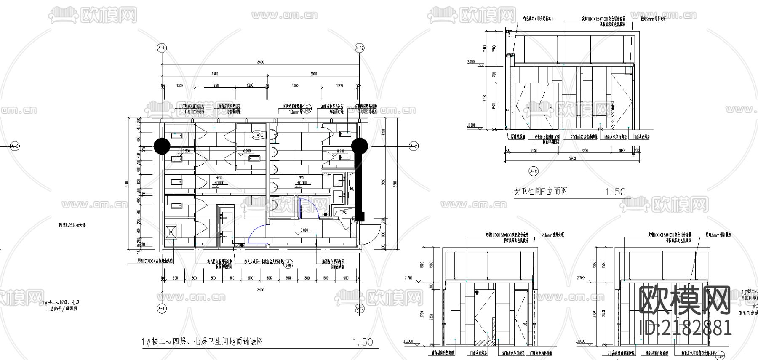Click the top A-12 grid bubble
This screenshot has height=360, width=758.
click(x=359, y=48)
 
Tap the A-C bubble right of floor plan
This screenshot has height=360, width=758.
click(x=414, y=146)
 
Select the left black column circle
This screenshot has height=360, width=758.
click(x=162, y=146)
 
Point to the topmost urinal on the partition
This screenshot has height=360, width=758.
click(x=274, y=134)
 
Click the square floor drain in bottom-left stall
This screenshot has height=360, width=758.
click(x=171, y=232)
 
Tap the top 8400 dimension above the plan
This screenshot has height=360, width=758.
click(x=260, y=62)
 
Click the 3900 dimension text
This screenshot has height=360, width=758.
click(x=313, y=74)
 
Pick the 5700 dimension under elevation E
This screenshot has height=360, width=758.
click(x=572, y=158)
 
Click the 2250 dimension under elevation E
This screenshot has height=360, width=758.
click(x=585, y=150)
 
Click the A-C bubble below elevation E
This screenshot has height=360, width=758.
click(x=534, y=171)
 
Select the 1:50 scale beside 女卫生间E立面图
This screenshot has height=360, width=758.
click(x=615, y=192)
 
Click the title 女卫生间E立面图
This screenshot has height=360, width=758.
click(x=540, y=191)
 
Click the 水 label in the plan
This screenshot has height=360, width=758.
click(x=344, y=213)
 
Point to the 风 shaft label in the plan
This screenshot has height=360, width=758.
click(x=351, y=189)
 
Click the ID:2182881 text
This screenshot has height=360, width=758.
click(x=685, y=327)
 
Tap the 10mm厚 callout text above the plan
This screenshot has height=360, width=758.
click(x=294, y=112)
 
